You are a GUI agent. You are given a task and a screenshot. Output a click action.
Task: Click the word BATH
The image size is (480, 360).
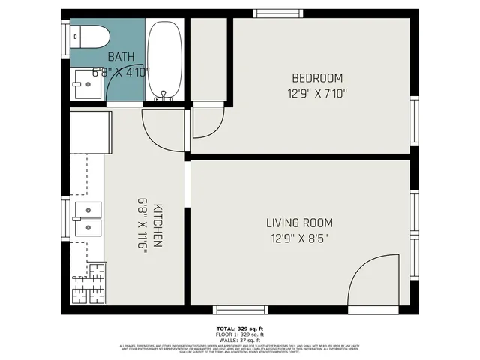point(121,57)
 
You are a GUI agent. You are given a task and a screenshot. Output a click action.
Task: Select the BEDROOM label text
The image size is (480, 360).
point(317,78)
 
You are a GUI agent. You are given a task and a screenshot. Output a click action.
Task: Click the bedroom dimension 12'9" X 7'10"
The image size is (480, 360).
point(317,94)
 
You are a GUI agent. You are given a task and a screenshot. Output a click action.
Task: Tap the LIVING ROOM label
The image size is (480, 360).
point(299,223)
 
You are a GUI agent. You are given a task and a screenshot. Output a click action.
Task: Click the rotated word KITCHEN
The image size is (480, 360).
point(158,225)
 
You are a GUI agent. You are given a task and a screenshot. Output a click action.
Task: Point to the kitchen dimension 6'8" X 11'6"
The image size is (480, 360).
point(142,225)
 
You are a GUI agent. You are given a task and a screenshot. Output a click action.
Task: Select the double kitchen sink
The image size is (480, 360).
point(88,219)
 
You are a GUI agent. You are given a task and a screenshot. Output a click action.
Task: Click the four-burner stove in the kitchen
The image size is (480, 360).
point(89,284)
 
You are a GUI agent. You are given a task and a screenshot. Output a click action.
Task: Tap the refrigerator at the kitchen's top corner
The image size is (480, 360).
point(91,132)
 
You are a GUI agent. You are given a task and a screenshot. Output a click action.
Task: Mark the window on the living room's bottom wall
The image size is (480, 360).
point(240,310)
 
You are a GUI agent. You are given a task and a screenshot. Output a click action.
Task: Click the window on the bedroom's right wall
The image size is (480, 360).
point(414,121)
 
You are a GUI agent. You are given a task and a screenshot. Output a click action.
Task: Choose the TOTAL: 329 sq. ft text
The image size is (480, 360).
point(240,328)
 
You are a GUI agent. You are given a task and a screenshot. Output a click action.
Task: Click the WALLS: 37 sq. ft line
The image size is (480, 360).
point(240,340)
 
